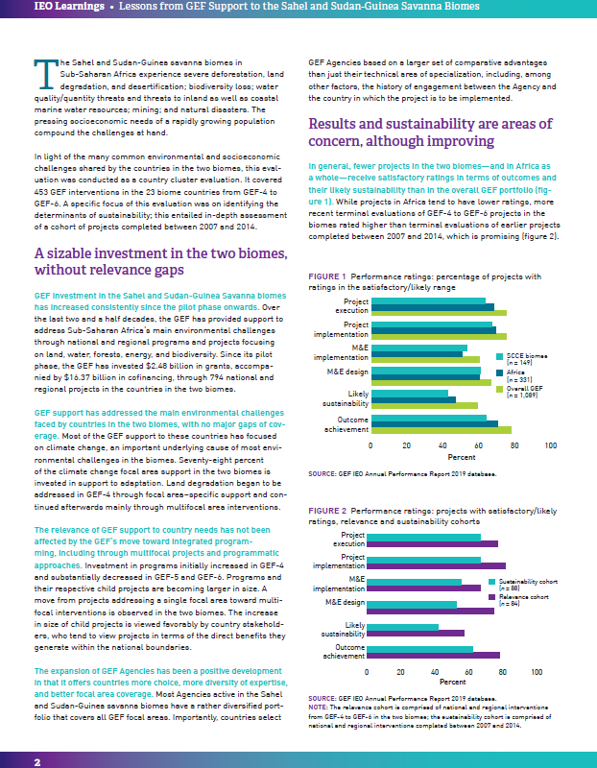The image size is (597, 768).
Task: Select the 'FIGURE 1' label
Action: pyautogui.click(x=328, y=276)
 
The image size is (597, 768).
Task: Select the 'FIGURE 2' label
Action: pyautogui.click(x=328, y=511)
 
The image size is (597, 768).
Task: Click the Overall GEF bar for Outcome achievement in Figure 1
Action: pyautogui.click(x=441, y=429)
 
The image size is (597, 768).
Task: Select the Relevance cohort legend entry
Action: pyautogui.click(x=518, y=599)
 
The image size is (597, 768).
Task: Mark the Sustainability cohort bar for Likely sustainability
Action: pyautogui.click(x=402, y=627)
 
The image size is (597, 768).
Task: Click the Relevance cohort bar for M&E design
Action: pyautogui.click(x=430, y=610)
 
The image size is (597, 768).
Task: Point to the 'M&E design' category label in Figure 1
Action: pyautogui.click(x=346, y=372)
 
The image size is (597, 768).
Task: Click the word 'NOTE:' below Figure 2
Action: pyautogui.click(x=320, y=707)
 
